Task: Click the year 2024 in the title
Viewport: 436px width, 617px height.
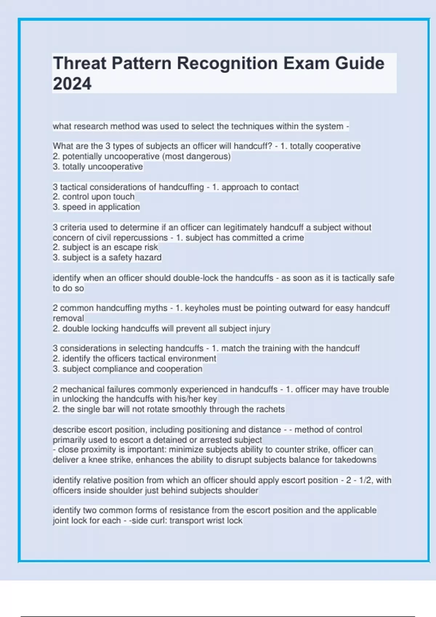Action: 72,84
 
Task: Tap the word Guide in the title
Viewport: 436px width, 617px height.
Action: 359,63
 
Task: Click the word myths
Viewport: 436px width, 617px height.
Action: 156,308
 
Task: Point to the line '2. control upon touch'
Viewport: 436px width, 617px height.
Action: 93,197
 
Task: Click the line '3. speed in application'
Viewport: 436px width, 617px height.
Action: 96,207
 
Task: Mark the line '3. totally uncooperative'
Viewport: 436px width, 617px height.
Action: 98,167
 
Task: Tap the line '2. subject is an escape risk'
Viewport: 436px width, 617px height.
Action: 105,247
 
